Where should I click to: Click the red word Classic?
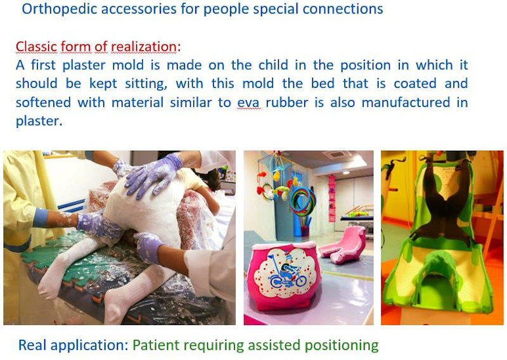click(37, 46)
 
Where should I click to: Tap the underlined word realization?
click(144, 46)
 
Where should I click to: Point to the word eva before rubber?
click(248, 103)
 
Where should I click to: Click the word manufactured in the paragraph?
click(406, 103)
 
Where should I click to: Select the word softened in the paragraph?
click(43, 103)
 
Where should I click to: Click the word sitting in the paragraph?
click(146, 84)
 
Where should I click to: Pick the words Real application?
click(74, 345)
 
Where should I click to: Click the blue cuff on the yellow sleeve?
click(41, 217)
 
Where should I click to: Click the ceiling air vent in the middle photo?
click(337, 155)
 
